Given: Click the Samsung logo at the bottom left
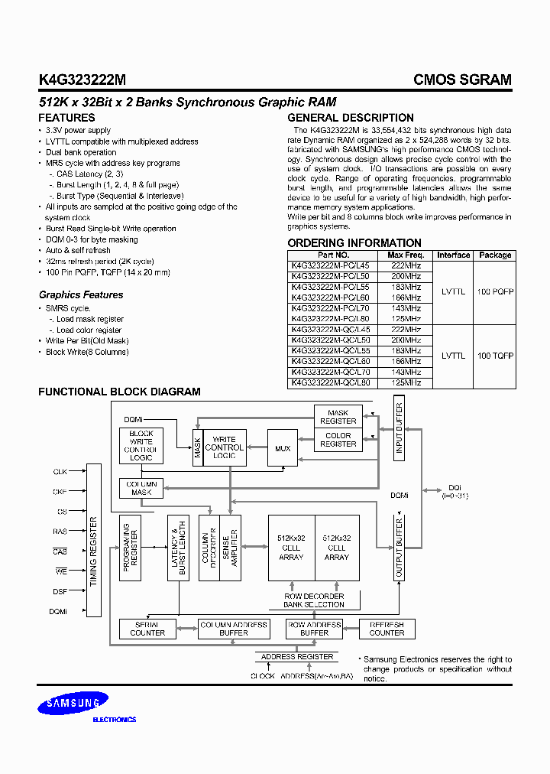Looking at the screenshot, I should [73, 704].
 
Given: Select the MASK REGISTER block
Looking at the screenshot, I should [338, 417].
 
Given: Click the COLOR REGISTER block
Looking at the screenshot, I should [338, 440].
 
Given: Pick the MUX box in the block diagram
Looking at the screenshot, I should [283, 449].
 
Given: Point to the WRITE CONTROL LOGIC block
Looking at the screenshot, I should [224, 447].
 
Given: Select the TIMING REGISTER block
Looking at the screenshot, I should [94, 551].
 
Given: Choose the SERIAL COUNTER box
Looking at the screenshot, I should [147, 629].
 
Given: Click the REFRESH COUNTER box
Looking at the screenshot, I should [387, 629].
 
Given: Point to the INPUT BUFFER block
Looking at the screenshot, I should [398, 430].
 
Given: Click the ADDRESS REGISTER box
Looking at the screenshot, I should [297, 656].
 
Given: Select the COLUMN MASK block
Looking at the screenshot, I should [141, 488].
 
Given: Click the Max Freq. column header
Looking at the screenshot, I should [405, 255].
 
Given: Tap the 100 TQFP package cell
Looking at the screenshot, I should [495, 356].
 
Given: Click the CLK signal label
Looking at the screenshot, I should [60, 472].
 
